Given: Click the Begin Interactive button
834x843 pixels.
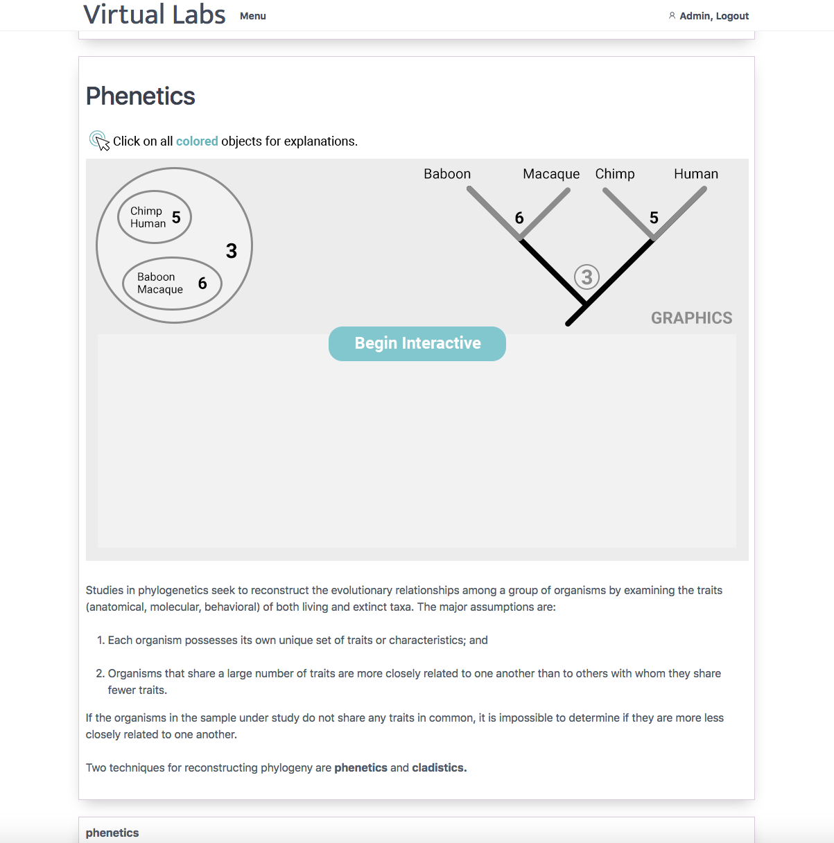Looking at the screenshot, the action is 417,344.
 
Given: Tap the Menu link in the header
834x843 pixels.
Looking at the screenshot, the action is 253,16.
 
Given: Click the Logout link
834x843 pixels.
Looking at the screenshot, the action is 732,16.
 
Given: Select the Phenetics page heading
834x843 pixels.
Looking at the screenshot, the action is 140,96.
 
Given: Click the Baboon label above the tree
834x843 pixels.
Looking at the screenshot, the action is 447,174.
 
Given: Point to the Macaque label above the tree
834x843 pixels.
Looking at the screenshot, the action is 551,174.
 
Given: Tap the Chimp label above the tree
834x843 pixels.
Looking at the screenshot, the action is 615,174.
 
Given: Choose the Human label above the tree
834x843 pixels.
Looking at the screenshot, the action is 696,174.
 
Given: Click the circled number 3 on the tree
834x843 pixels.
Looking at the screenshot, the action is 587,277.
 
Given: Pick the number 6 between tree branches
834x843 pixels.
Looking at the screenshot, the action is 519,218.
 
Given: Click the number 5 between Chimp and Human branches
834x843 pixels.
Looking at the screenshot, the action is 654,218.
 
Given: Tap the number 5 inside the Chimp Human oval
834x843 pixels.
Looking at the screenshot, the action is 176,217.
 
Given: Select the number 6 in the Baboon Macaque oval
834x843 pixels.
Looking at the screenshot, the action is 202,283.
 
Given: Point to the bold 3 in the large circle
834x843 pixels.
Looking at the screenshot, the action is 232,251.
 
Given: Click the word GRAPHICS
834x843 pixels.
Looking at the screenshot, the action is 691,318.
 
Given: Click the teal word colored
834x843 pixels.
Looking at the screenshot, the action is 197,141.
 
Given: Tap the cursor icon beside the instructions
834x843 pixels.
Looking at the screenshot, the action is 99,141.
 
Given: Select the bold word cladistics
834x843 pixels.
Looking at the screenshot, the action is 440,767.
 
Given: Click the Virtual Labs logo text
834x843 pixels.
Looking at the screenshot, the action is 155,15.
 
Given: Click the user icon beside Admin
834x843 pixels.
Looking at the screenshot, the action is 672,16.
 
